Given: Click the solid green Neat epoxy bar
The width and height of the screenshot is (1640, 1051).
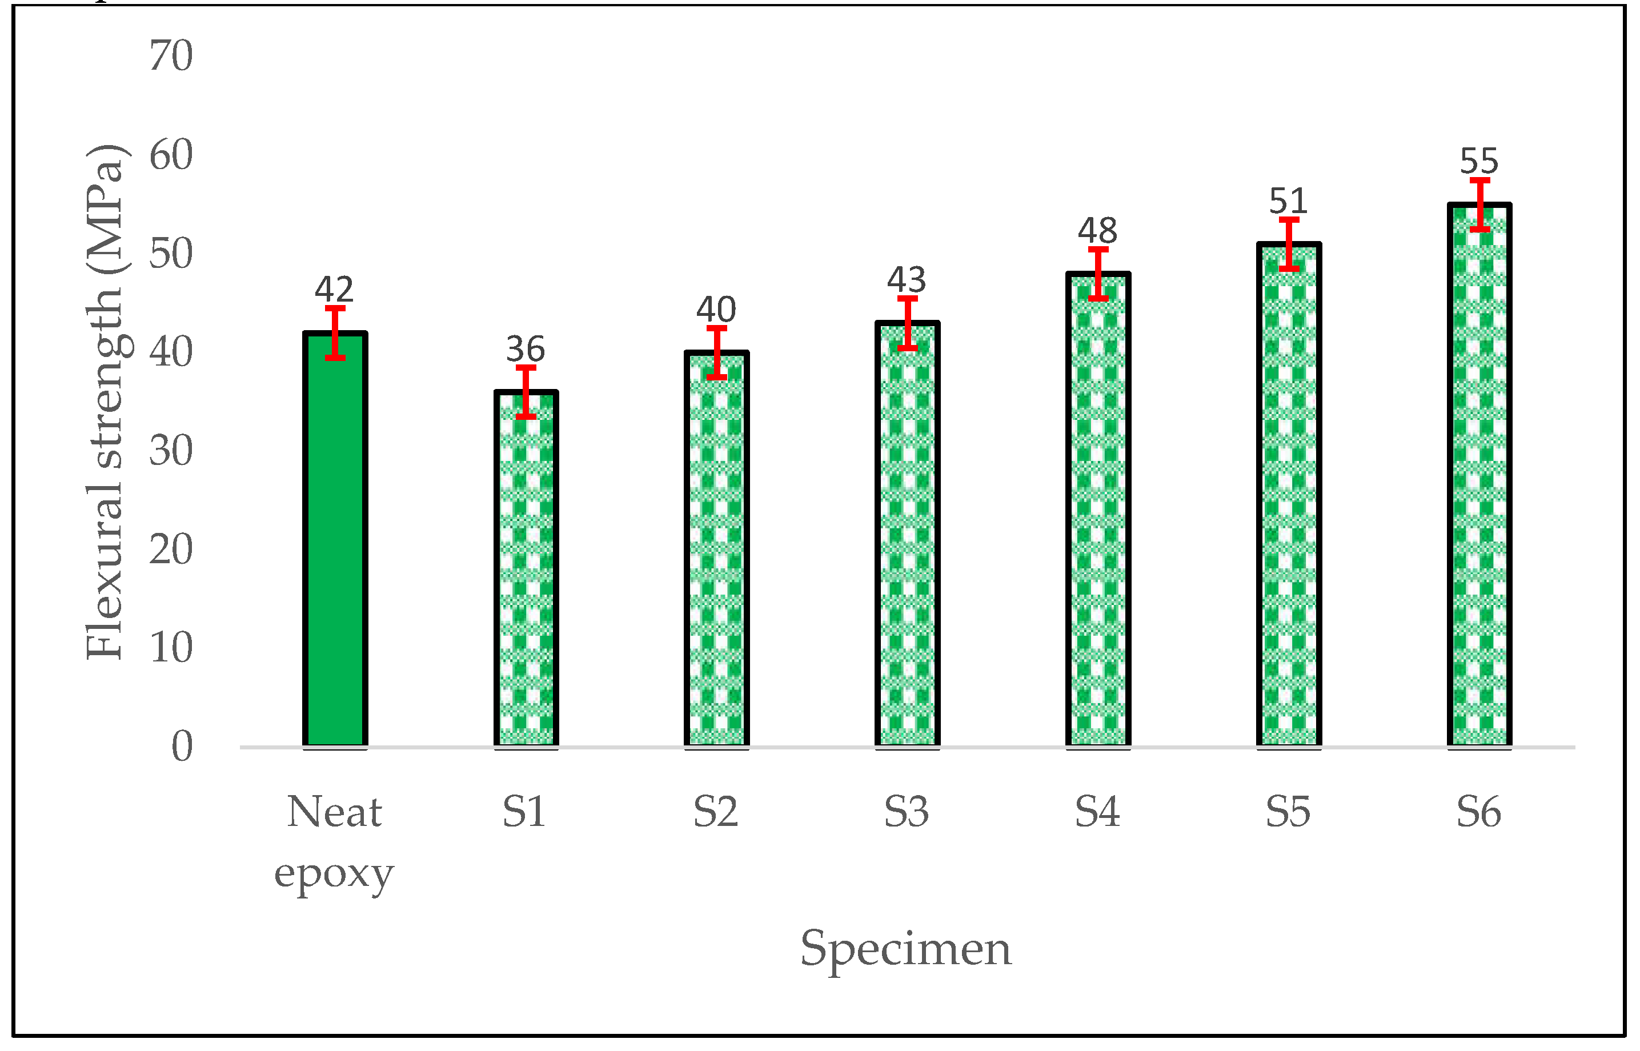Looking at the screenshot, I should coord(335,546).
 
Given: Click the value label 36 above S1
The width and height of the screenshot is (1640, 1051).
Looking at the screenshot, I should coord(526,350).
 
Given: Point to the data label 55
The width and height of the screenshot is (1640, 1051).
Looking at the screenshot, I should coord(1479,162).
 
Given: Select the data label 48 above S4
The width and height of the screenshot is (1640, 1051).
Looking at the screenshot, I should coord(1097,231).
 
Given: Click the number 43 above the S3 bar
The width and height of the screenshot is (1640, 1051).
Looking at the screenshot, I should coord(907,280).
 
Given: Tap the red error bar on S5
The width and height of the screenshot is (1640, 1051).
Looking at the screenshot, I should coord(1289,244).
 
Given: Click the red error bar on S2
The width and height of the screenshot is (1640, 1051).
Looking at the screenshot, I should coord(716,353).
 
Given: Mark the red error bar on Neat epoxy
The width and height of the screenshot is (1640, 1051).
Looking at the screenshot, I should coord(335,333).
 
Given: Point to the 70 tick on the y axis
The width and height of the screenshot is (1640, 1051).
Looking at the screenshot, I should coord(171,56).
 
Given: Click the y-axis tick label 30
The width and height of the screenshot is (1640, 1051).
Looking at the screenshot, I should coord(171,451).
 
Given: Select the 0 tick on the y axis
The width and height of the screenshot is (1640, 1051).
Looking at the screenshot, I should coord(182,747).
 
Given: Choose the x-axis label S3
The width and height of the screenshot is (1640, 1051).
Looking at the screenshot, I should coord(907,813).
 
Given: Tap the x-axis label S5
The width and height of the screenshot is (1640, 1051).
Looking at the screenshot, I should coord(1288,813).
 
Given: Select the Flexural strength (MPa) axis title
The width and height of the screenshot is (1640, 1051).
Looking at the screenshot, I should coord(105,403).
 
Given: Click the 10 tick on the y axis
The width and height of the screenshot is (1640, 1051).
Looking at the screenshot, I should coord(171,648).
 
